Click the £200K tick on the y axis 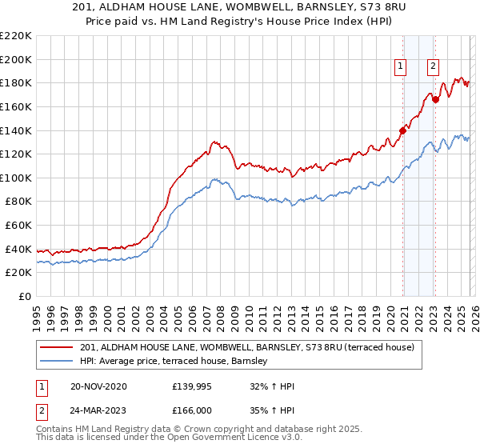[16, 59]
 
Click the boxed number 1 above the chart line [400, 67]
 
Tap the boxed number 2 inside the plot [433, 67]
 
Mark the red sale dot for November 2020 [402, 130]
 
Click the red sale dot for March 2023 [435, 100]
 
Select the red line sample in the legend [56, 348]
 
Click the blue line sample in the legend [56, 362]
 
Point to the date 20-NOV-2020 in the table [98, 386]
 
